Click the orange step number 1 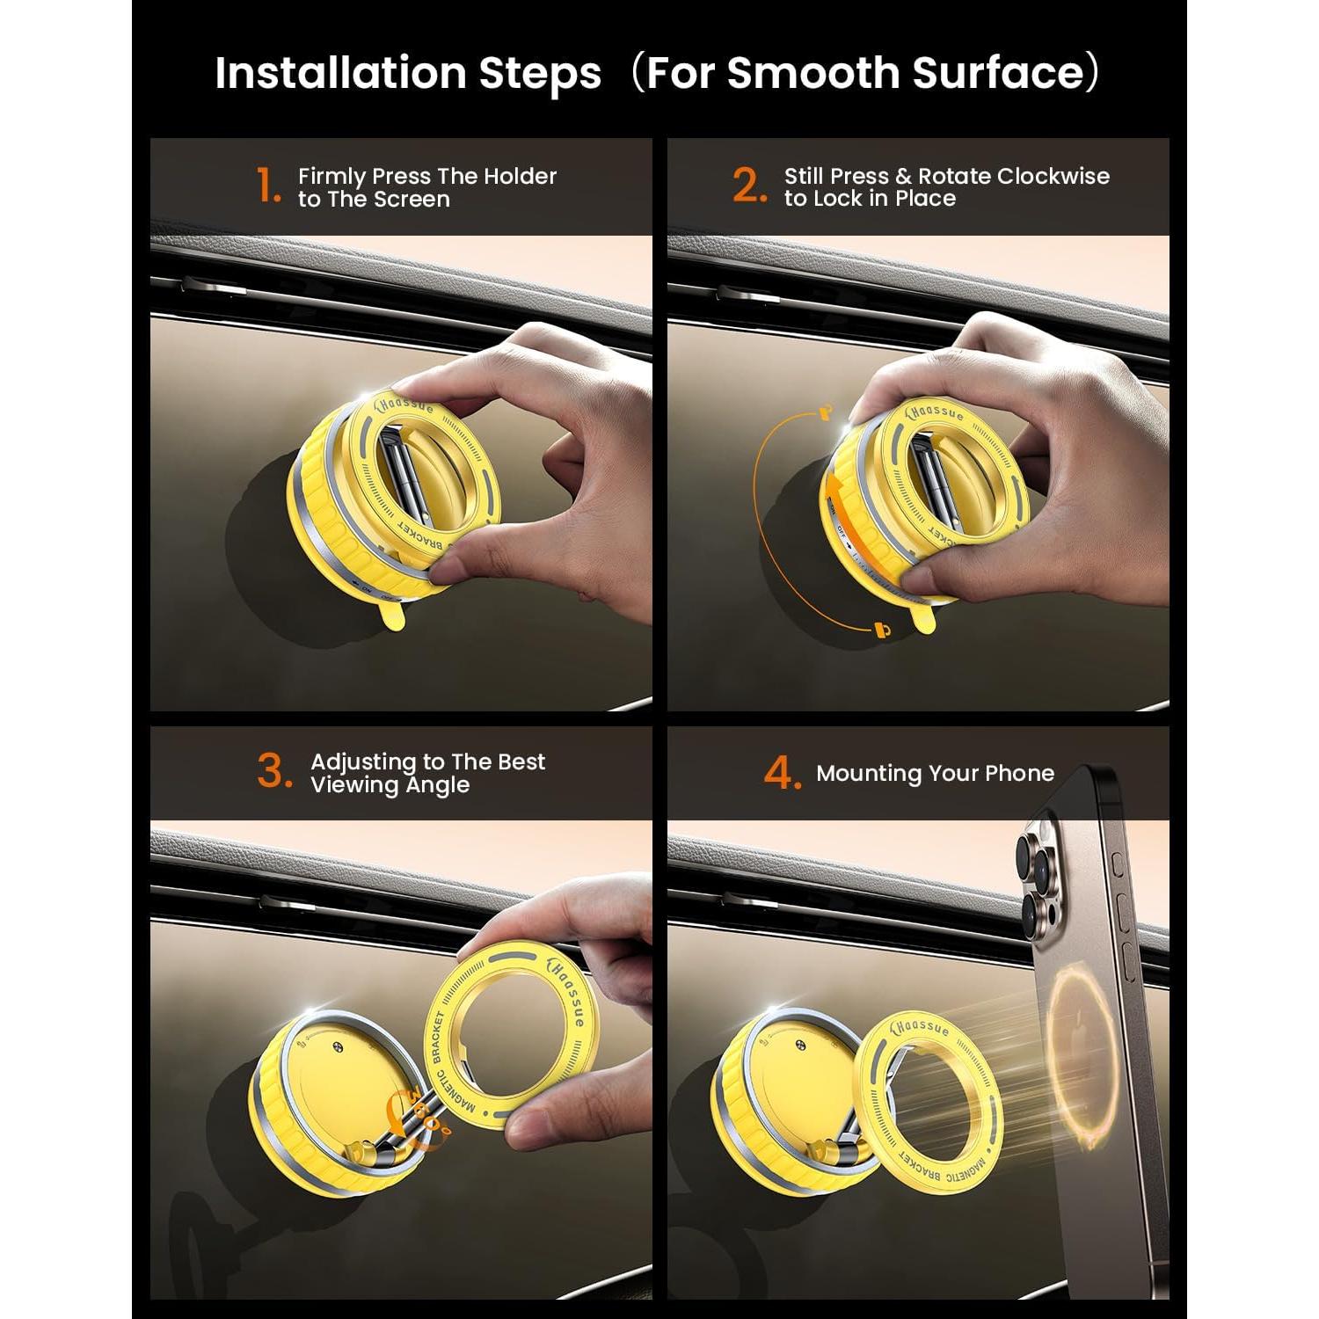point(267,187)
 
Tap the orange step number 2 point(749,186)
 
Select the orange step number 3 point(274,772)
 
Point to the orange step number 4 point(782,773)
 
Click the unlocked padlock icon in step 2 point(823,412)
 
